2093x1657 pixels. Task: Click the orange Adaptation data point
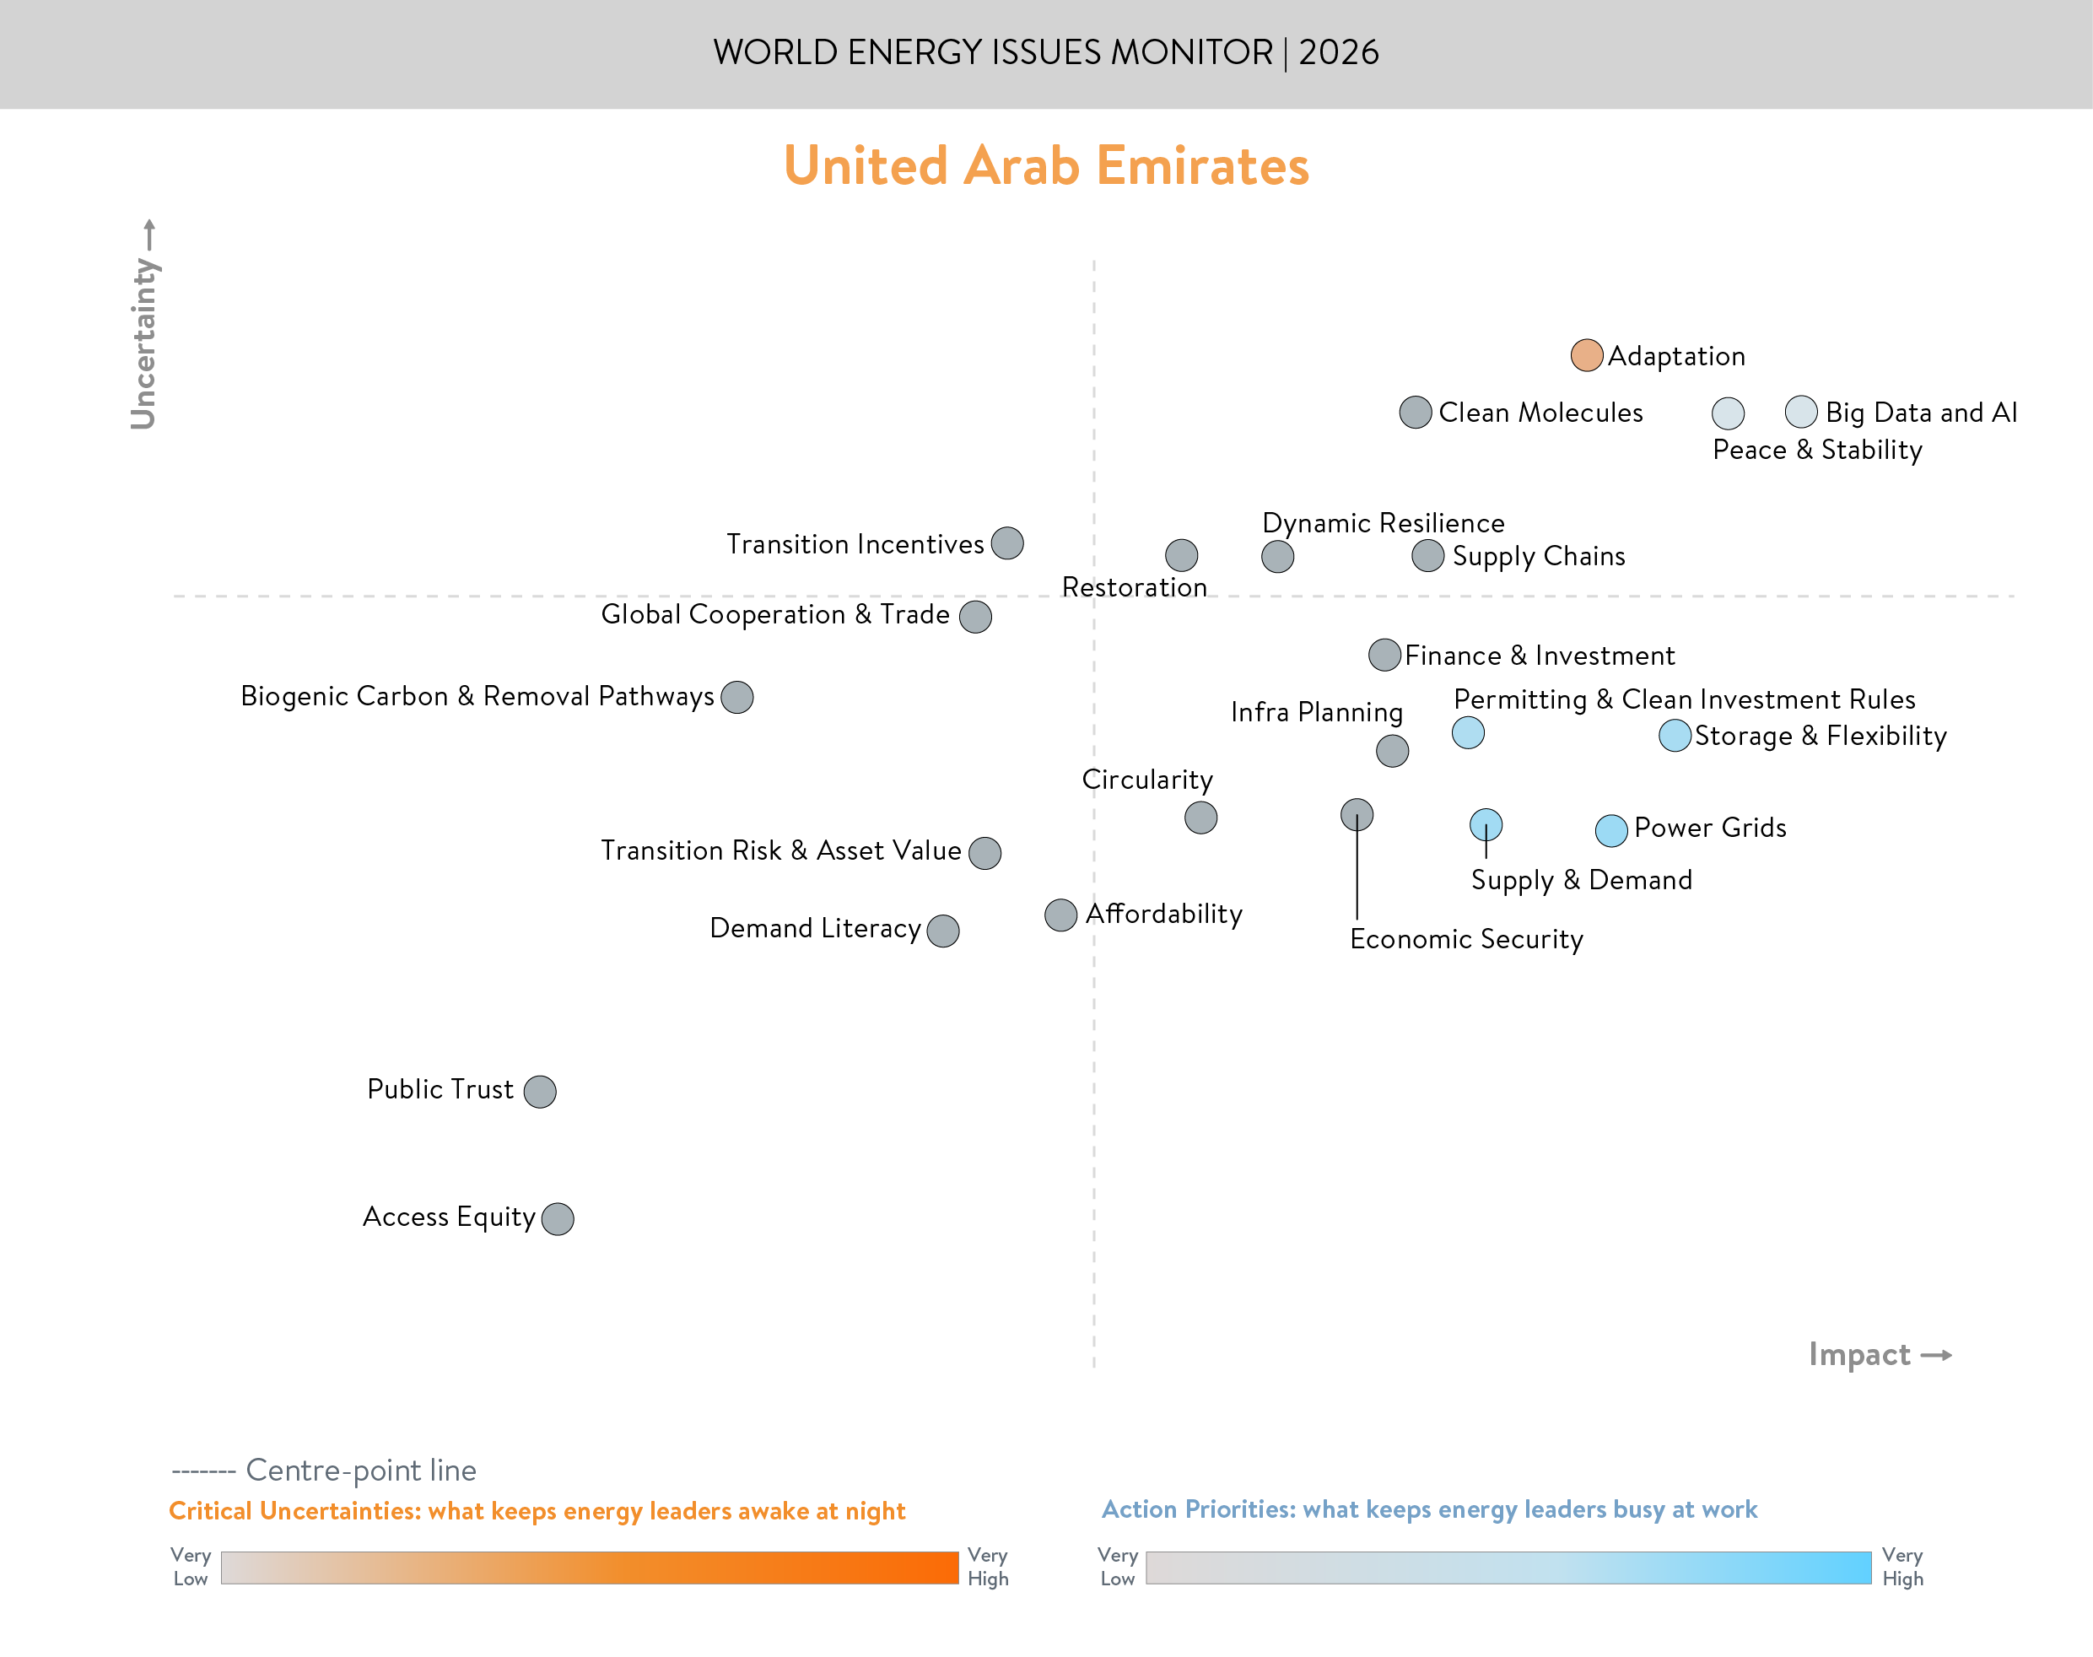coord(1586,356)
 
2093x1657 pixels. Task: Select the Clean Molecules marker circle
coord(1415,413)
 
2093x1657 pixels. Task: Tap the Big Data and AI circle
coord(1800,413)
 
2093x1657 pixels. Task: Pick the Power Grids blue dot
coord(1611,830)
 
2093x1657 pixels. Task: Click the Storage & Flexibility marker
coord(1675,737)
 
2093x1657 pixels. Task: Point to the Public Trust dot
coord(539,1092)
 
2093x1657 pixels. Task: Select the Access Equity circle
coord(557,1218)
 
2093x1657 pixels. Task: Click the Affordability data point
coord(1060,915)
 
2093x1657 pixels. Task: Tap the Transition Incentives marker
coord(1006,543)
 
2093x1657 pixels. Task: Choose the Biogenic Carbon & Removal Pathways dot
coord(737,697)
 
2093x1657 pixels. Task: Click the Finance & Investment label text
coord(1540,656)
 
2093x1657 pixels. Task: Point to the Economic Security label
coord(1465,939)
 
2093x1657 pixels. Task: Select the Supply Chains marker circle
coord(1427,556)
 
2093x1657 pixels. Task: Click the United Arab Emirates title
coord(1045,166)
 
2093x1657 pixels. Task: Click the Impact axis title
coord(1859,1354)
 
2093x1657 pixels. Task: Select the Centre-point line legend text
coord(360,1471)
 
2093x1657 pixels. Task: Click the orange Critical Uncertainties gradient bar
coord(589,1568)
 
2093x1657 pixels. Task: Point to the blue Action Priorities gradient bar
coord(1508,1568)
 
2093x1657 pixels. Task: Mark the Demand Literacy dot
coord(942,931)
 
